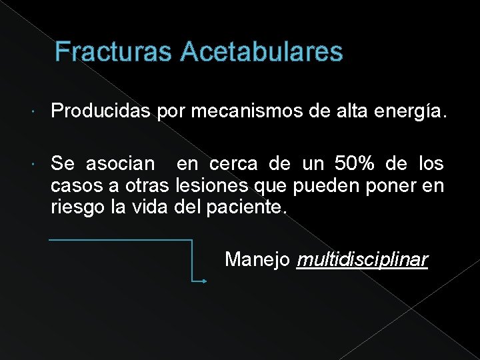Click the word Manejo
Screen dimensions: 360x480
coord(257,259)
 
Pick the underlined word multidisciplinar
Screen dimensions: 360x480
coord(362,259)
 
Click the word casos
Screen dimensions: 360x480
coord(73,185)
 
